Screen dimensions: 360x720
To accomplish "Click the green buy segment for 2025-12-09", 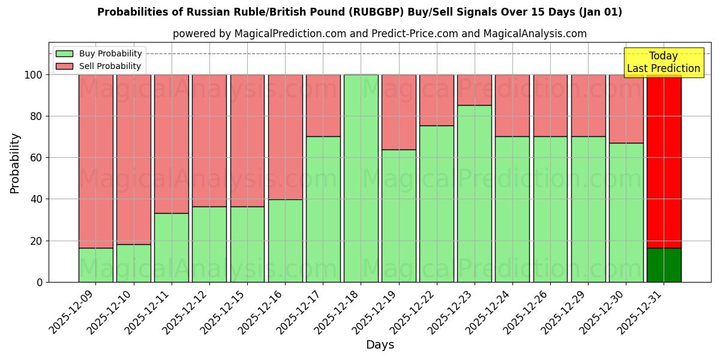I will point(95,265).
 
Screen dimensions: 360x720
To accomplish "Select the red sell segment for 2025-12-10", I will point(133,159).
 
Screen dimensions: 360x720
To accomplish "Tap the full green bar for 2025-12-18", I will point(361,178).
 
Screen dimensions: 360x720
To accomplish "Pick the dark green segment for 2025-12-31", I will point(664,265).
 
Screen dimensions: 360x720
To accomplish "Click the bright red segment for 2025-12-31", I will point(664,161).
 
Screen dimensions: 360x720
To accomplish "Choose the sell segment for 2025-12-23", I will point(475,90).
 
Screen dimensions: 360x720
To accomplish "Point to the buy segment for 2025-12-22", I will point(437,203).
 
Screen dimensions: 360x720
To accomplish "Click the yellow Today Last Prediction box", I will point(664,62).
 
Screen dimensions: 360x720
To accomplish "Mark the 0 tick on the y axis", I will point(40,282).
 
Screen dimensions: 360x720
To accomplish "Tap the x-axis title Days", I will point(380,345).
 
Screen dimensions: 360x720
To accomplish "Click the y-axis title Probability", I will point(15,163).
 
